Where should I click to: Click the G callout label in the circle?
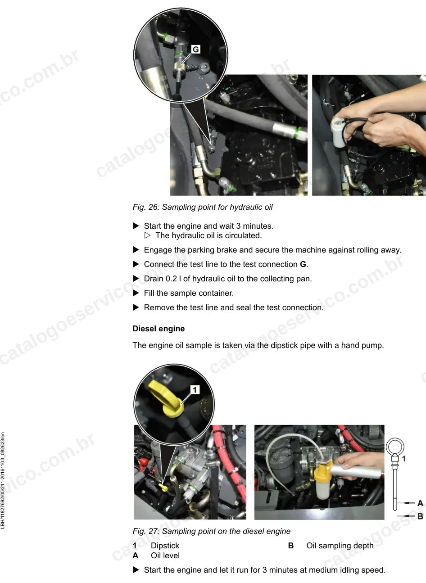pos(195,49)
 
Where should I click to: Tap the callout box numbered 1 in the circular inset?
pos(195,389)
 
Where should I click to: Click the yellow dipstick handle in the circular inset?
pos(167,398)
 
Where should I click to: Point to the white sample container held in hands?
pos(339,132)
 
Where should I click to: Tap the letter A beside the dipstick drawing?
pos(420,503)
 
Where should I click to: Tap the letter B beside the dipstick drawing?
pos(420,516)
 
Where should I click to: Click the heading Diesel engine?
pos(159,329)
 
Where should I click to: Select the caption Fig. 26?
pos(203,207)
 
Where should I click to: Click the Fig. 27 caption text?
pos(212,531)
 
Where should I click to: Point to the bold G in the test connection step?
pos(303,264)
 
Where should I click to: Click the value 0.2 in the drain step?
pos(171,279)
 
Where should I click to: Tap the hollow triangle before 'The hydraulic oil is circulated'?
pos(147,235)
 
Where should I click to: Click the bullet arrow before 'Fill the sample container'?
pos(136,293)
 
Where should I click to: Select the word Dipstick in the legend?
pos(165,545)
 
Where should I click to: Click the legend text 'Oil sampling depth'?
pos(340,545)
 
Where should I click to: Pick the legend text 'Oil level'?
pos(165,556)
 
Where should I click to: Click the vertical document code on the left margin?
pos(3,480)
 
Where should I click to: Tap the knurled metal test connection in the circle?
pos(179,68)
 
